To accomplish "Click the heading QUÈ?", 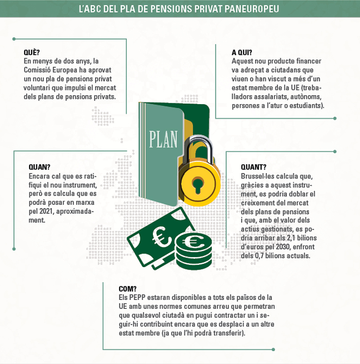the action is tap(32, 52).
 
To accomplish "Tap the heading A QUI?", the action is tap(242, 53).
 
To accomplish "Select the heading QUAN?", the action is tap(40, 167).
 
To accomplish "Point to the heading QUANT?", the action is tap(254, 167).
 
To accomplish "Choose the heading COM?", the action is tap(128, 289).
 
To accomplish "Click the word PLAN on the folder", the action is tap(163, 139).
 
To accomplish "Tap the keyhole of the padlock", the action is tap(198, 185).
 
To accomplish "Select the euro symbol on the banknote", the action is tap(160, 237).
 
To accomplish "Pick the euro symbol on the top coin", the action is tap(193, 242).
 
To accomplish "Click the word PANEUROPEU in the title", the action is tap(252, 9).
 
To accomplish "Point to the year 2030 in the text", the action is tap(282, 247).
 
